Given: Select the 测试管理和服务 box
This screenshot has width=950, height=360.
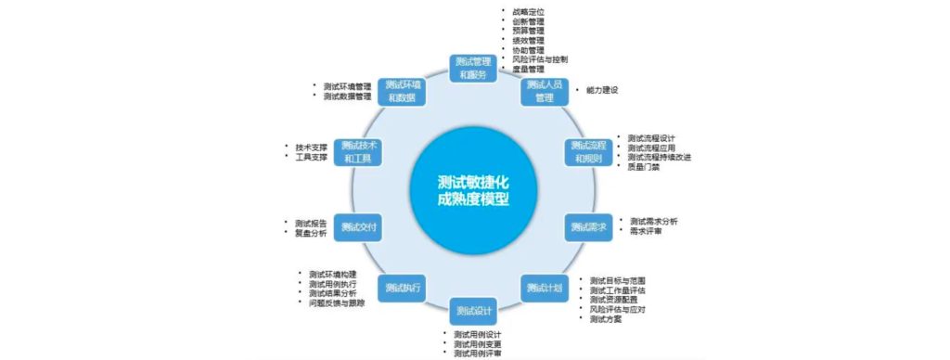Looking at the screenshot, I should [x=474, y=68].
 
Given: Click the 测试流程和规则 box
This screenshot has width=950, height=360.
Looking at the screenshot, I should [x=588, y=151].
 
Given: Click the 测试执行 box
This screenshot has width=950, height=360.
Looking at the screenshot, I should [x=404, y=287].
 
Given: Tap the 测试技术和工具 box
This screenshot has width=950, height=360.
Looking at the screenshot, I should [x=357, y=151].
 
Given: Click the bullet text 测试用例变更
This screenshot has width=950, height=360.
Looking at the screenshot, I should [x=478, y=344].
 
